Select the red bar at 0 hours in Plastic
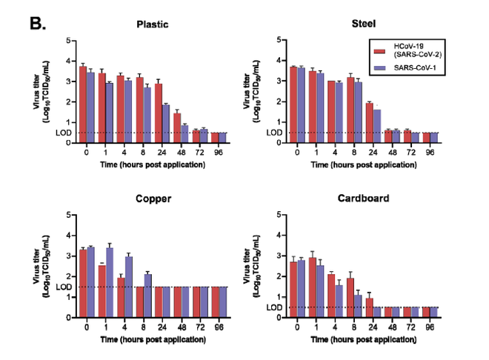pos(83,104)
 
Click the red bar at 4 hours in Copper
pos(121,297)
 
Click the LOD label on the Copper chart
pos(64,287)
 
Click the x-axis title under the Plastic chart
pos(153,164)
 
